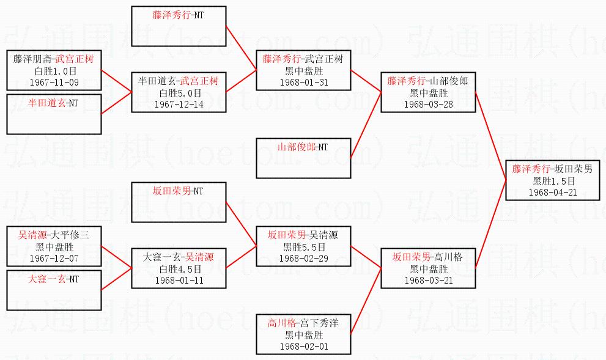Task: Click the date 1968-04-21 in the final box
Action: (x=553, y=192)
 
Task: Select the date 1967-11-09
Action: (x=54, y=82)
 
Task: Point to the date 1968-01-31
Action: (x=304, y=82)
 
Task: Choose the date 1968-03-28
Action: (x=428, y=104)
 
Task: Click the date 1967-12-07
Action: (x=54, y=259)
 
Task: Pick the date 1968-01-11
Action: (x=179, y=280)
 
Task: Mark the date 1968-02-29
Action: (x=304, y=258)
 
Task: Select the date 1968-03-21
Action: (x=428, y=280)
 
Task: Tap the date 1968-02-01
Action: (x=304, y=346)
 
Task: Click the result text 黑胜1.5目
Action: (x=553, y=181)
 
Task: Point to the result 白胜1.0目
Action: (x=54, y=71)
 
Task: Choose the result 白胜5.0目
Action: (x=179, y=92)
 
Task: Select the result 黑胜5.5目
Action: (x=304, y=247)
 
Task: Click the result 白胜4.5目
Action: (x=179, y=269)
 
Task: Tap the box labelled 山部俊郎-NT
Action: (x=303, y=158)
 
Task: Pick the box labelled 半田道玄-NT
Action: (x=54, y=114)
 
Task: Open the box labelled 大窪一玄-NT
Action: (x=54, y=290)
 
